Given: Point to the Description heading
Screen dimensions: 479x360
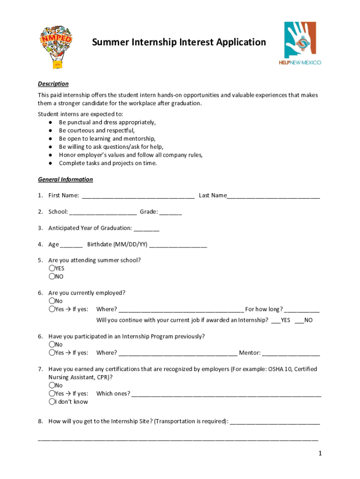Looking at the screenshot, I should coord(53,84).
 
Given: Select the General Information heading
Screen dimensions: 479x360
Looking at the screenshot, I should coord(65,180).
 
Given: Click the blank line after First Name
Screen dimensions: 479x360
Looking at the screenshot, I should coord(138,196).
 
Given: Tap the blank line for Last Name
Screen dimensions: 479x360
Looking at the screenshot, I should coord(274,196).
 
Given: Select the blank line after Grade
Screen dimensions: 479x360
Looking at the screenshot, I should coord(171,212).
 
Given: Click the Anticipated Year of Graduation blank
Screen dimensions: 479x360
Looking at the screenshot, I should coord(146,229).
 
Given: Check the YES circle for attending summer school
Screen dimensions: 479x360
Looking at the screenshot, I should coord(51,269).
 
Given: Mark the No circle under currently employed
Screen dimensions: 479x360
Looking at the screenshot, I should coord(51,301).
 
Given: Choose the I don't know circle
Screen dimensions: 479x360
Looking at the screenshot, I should coord(51,402).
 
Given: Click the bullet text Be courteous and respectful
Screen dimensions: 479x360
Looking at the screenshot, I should coord(96,131).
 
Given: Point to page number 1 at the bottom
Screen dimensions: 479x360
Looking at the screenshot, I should coord(320,453).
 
